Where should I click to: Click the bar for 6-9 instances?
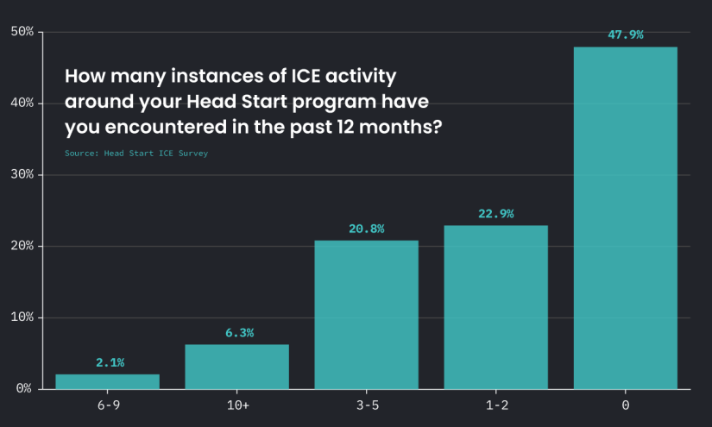point(107,381)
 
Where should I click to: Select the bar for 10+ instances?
point(236,367)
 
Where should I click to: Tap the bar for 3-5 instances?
point(367,315)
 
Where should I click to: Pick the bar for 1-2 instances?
point(496,307)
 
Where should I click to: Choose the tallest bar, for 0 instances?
point(626,217)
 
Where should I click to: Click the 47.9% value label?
point(626,35)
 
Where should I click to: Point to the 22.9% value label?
point(496,214)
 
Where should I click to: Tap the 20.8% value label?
point(367,229)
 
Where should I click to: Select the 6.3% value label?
point(239,333)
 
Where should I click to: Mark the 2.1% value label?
point(110,362)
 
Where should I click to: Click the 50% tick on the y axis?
point(22,31)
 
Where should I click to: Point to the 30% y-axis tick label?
point(22,174)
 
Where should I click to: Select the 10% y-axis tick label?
point(22,317)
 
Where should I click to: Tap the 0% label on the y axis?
point(24,388)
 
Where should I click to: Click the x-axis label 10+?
point(238,405)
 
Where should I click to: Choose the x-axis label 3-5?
point(368,405)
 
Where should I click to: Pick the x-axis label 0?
point(626,405)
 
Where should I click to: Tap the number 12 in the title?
point(345,127)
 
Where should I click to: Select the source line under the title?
point(136,154)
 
